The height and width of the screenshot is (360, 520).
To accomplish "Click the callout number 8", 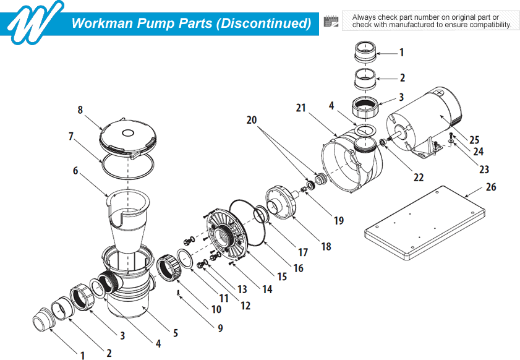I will (80, 110).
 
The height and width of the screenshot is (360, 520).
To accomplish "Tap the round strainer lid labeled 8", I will (128, 137).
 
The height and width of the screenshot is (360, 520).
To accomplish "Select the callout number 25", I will (474, 140).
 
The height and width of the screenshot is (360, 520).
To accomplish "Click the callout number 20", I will (252, 120).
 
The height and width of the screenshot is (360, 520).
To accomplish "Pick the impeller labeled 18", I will (282, 201).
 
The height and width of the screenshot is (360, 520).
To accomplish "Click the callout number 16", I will (299, 268).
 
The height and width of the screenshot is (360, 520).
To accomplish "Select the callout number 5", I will (176, 333).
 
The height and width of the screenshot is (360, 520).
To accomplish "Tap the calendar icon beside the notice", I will (332, 22).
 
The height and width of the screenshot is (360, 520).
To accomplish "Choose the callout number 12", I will (245, 305).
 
